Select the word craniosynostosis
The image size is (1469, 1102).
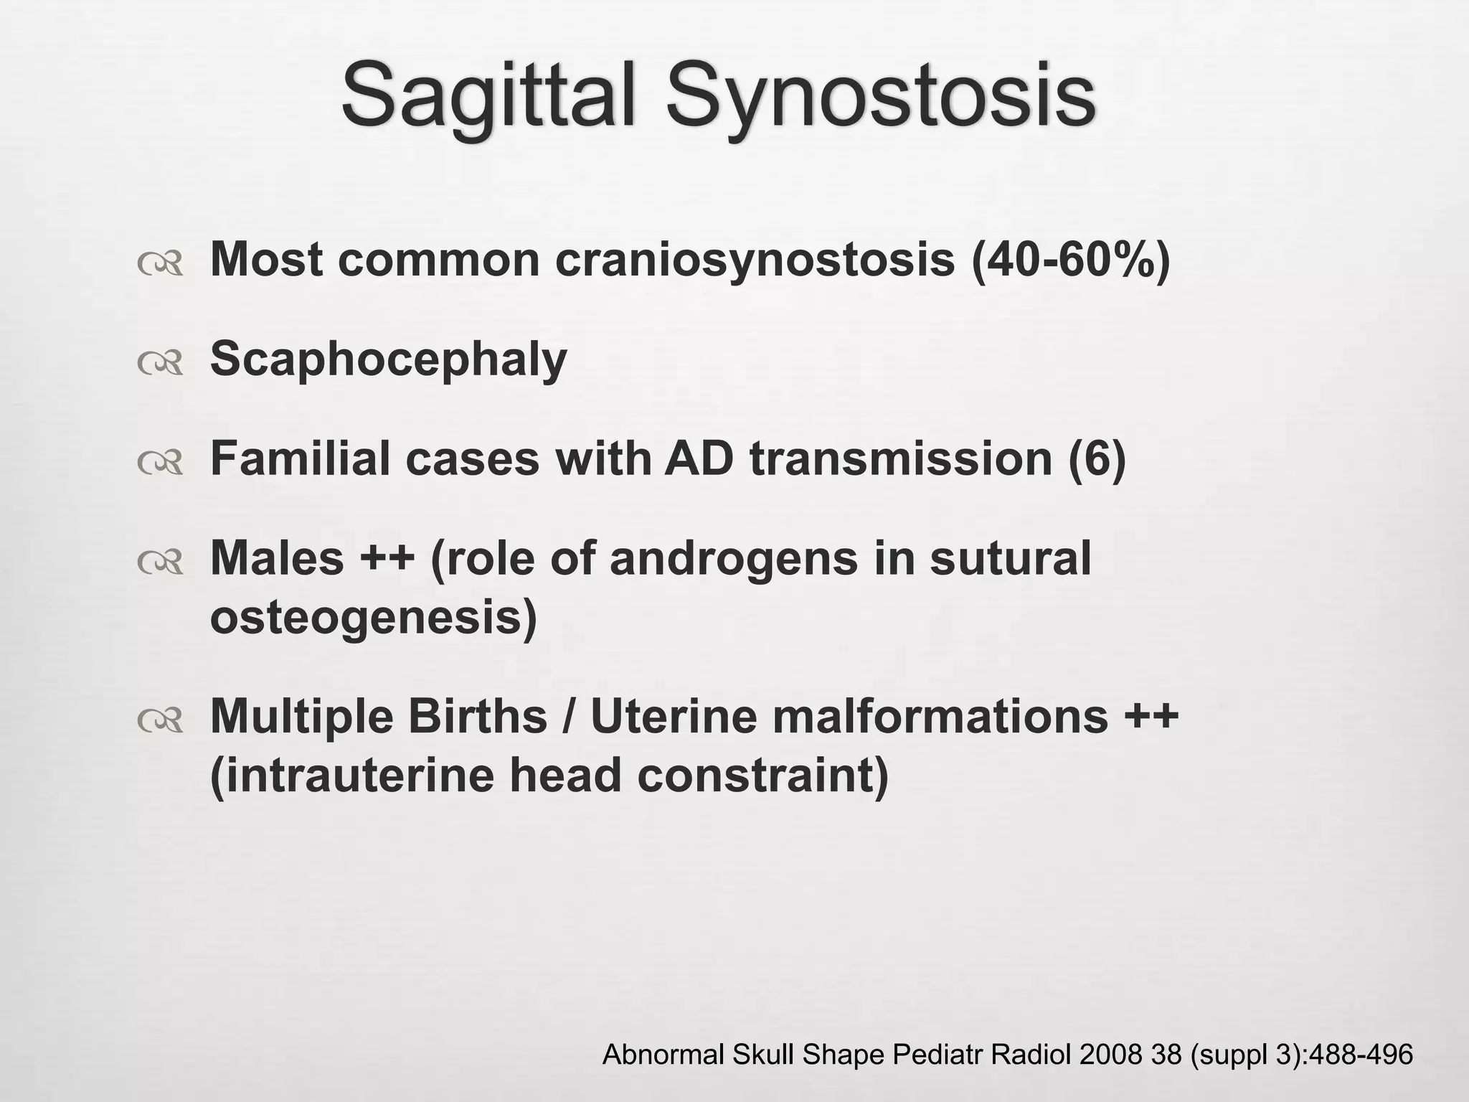tap(755, 260)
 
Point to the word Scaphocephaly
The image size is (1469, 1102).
tap(388, 359)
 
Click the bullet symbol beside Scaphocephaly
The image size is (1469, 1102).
tap(160, 364)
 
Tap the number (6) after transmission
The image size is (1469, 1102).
tap(1097, 459)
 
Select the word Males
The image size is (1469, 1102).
tap(277, 557)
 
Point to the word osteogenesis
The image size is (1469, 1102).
tap(373, 617)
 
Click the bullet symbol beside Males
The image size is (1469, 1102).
tap(160, 564)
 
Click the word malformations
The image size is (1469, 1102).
tap(939, 716)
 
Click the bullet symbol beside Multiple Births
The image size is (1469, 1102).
tap(160, 722)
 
